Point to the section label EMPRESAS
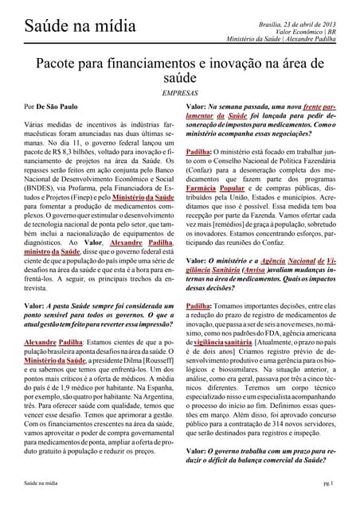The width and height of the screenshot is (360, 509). [180, 93]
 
